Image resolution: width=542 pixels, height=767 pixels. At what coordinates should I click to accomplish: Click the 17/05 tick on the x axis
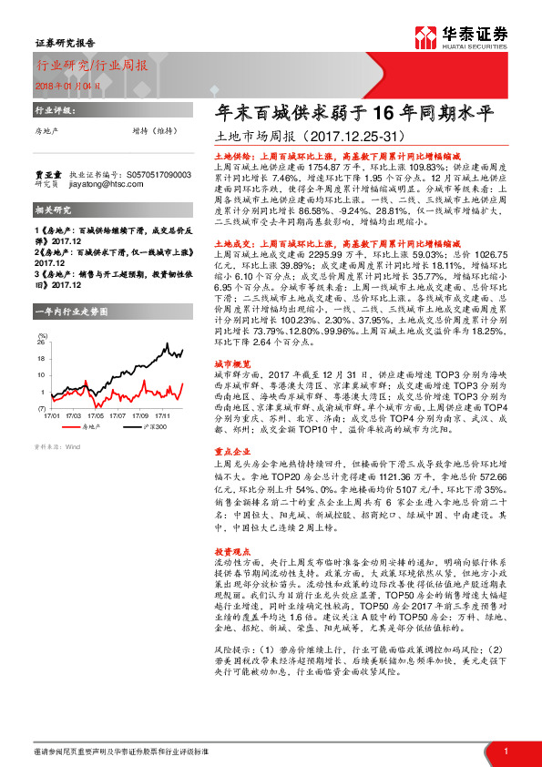(95, 413)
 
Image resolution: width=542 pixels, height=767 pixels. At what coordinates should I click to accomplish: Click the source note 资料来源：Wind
(57, 447)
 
